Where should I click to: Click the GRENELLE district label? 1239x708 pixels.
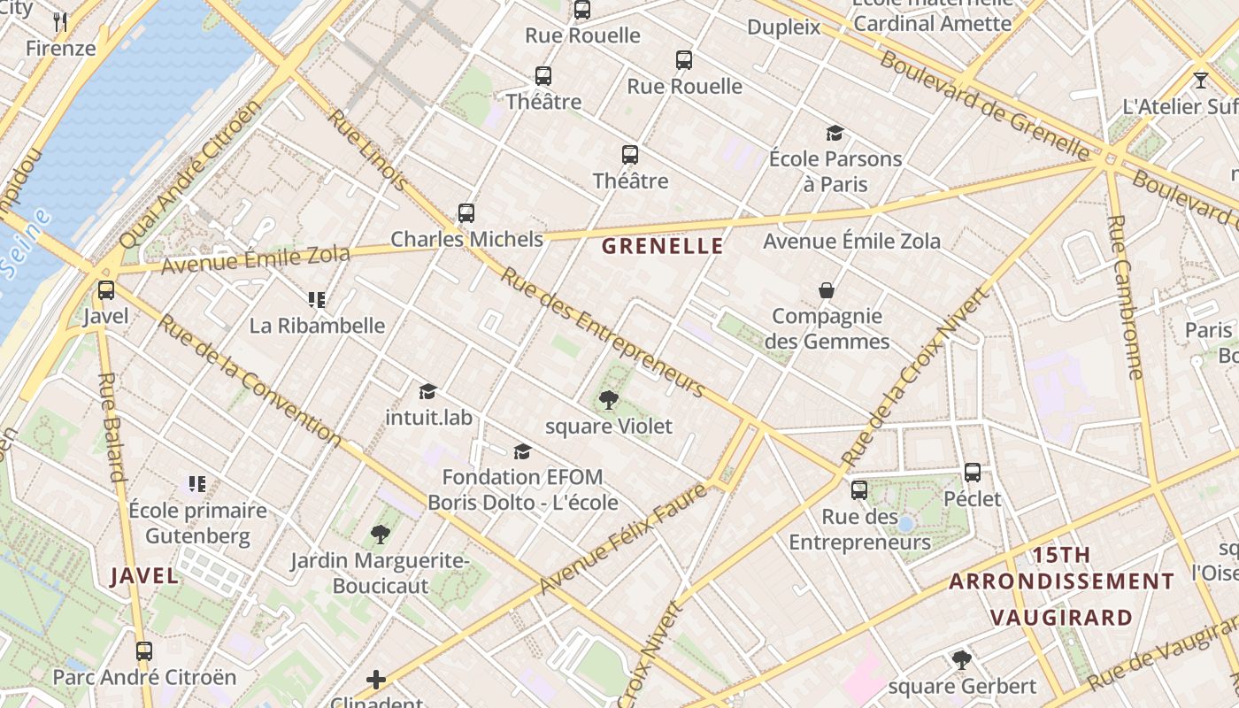point(663,247)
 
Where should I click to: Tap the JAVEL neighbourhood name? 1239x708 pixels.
point(144,576)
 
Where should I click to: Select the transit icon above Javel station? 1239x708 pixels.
point(106,289)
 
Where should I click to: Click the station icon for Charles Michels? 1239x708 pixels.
point(466,213)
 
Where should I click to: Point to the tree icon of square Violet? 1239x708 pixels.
point(608,400)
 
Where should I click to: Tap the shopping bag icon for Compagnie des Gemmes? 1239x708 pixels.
point(827,290)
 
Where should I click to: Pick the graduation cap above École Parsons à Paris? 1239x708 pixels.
point(835,134)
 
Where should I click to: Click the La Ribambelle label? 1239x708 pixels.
point(317,326)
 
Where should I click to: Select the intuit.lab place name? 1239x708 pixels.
point(429,416)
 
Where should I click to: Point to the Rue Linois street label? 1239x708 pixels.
point(369,150)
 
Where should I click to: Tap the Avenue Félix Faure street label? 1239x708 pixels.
point(623,538)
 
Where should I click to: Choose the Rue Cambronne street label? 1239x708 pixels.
point(1125,296)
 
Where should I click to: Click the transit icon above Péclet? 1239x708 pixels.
point(973,473)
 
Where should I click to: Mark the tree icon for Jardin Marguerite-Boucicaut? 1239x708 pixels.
point(381,534)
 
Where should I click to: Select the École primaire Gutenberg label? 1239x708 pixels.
point(197,523)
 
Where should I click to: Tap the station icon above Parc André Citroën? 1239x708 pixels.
point(144,651)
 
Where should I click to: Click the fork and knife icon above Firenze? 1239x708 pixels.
point(60,21)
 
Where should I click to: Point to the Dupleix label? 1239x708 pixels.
point(784,27)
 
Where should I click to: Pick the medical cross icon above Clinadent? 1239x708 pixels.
point(376,680)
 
